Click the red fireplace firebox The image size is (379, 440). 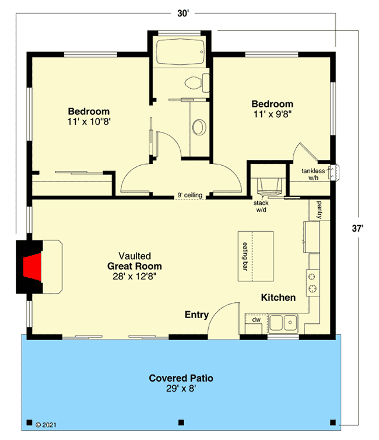click(32, 267)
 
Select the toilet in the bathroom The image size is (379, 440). click(200, 83)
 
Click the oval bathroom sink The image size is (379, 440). click(199, 126)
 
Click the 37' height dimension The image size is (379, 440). click(366, 228)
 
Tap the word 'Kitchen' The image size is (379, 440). click(278, 298)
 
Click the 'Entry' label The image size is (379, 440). click(196, 315)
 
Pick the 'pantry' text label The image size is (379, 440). click(320, 208)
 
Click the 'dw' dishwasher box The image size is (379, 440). click(255, 320)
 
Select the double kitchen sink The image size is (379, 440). click(283, 322)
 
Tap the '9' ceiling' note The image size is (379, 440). click(189, 195)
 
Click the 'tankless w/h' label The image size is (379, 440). click(313, 174)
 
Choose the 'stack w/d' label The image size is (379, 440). click(260, 207)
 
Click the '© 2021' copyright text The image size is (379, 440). click(48, 425)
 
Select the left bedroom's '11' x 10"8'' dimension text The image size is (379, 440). click(89, 123)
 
